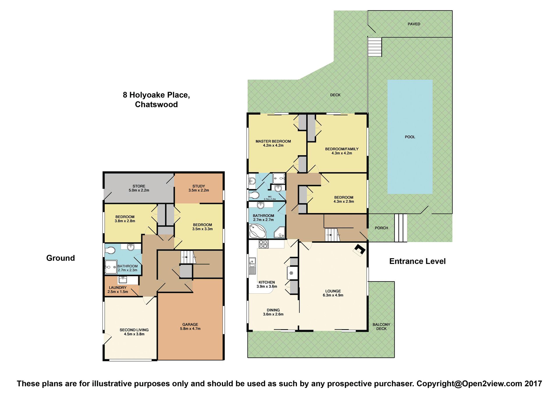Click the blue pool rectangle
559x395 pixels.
[410, 137]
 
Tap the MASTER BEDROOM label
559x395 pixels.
[273, 141]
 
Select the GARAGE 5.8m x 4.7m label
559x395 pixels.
[190, 327]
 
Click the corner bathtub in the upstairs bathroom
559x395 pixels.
[258, 231]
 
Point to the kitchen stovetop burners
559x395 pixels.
[263, 244]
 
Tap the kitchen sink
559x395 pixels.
[252, 266]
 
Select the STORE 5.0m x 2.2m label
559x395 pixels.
[139, 188]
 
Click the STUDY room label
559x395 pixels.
[199, 186]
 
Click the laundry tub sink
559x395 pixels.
[123, 280]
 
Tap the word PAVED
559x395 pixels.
[414, 24]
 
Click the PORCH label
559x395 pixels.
[381, 228]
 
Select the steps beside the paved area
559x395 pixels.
[375, 47]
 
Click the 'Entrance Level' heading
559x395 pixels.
[418, 261]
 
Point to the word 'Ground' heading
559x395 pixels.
[61, 258]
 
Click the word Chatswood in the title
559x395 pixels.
[156, 104]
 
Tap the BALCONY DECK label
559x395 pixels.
[381, 327]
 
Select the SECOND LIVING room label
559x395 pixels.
[134, 330]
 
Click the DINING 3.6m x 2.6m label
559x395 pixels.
[273, 312]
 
